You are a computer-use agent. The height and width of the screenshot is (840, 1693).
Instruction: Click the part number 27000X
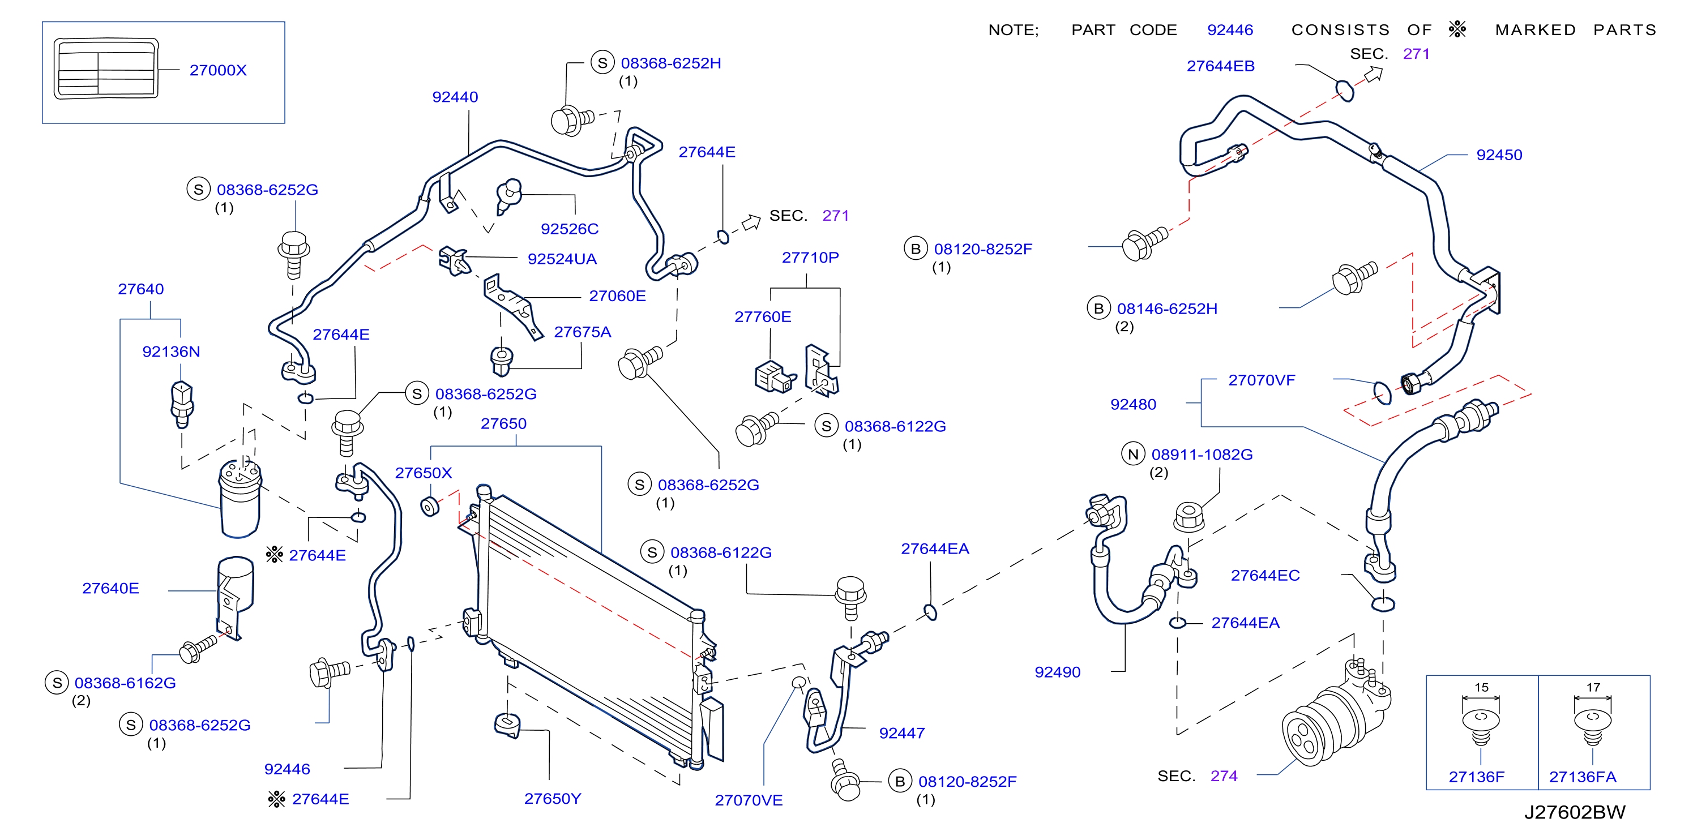click(217, 70)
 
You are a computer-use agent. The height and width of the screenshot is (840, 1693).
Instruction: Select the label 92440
click(455, 97)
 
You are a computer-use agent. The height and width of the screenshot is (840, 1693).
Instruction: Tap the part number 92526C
click(569, 229)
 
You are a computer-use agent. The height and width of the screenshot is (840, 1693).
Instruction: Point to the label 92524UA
click(562, 259)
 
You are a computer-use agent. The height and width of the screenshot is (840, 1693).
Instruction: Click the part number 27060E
click(617, 296)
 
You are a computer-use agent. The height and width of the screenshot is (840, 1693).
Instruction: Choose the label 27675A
click(582, 332)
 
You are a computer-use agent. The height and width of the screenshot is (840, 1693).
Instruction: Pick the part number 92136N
click(171, 352)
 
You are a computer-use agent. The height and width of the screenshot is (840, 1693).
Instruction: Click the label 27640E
click(110, 589)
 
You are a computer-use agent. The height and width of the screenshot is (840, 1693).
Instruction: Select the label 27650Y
click(552, 799)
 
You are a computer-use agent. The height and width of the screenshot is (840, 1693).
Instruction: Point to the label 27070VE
click(749, 800)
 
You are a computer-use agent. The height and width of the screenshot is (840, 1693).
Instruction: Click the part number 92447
click(901, 733)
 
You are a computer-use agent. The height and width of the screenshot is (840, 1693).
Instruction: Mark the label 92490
click(1058, 672)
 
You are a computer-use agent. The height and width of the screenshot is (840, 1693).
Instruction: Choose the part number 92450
click(1499, 155)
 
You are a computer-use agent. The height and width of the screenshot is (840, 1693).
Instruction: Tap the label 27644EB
click(1220, 66)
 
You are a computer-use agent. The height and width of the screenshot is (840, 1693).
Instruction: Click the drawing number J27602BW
click(1575, 812)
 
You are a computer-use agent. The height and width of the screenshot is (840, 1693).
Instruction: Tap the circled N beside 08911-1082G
click(1133, 455)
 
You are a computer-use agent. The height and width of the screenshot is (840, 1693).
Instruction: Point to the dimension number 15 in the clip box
click(1481, 688)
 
